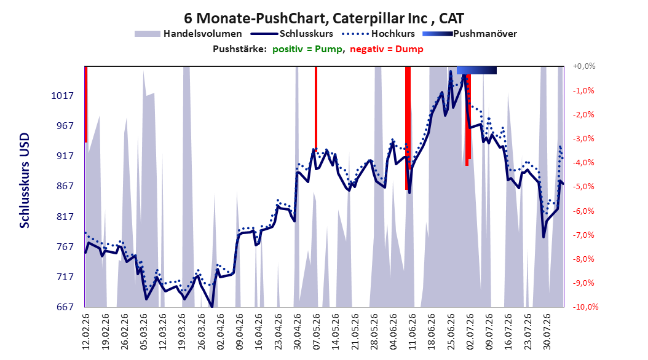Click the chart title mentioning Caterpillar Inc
coord(324,18)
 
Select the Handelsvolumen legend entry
coord(188,34)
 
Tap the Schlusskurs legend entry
coord(291,34)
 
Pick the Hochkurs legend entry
coord(378,34)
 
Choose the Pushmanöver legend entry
coord(470,34)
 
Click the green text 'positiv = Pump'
coord(307,49)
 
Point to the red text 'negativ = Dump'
coord(387,49)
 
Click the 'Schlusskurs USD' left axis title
coord(25,181)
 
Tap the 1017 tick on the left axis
coord(63,96)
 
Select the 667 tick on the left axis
coord(65,307)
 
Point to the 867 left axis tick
coord(65,186)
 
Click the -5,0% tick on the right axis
coord(583,187)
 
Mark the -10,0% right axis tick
coord(585,307)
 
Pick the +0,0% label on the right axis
coord(584,66)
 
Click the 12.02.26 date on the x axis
coord(86,332)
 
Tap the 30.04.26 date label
coord(298,332)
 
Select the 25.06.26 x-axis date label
coord(451,332)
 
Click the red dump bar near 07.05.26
coord(316,108)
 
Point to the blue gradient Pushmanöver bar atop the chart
coord(476,70)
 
